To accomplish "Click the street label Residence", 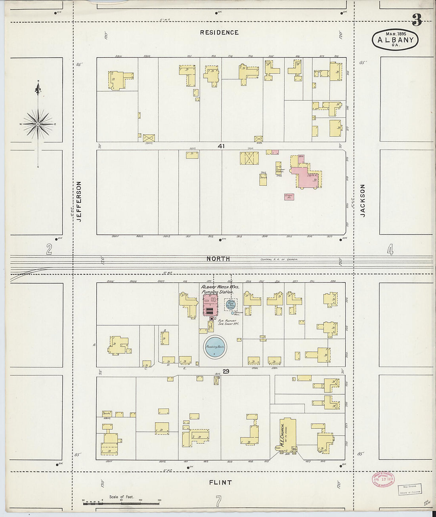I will point(219,32).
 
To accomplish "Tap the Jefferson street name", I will point(79,201).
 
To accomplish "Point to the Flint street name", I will point(221,482).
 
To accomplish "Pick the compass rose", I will point(38,124).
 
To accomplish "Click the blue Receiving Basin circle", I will point(215,347).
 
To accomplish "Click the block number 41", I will point(221,146).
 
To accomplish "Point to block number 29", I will point(226,371).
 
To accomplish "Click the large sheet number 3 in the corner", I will point(416,20).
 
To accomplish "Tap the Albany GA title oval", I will point(395,40).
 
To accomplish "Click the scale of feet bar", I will point(121,500).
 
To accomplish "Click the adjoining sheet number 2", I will point(49,249).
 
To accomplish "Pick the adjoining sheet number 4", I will point(390,250).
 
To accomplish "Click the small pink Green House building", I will point(289,196).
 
